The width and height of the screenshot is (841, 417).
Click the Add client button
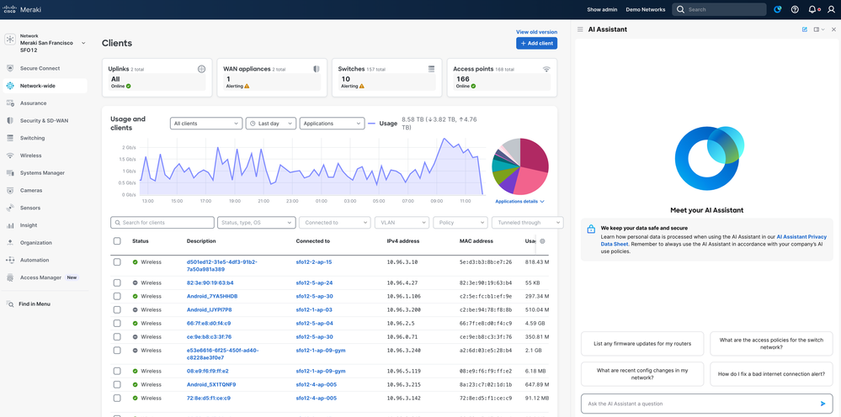(536, 43)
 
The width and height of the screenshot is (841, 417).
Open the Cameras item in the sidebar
(31, 190)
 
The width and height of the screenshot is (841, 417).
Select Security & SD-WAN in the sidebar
(44, 120)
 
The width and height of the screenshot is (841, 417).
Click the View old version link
(536, 32)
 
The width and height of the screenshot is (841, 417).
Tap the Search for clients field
(162, 223)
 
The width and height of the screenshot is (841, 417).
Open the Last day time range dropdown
(270, 124)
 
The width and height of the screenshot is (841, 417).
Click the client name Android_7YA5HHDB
(212, 296)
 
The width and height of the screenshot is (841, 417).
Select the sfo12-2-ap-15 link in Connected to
(314, 262)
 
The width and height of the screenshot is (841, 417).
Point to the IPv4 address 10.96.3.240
(404, 351)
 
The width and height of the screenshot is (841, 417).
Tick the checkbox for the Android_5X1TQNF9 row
(117, 384)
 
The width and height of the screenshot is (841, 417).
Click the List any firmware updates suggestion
(642, 343)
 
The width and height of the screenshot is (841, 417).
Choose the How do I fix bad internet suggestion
(770, 374)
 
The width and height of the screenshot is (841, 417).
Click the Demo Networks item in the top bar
(645, 9)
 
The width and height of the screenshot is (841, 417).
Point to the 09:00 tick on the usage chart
(436, 201)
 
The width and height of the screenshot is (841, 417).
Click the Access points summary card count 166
(462, 78)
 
